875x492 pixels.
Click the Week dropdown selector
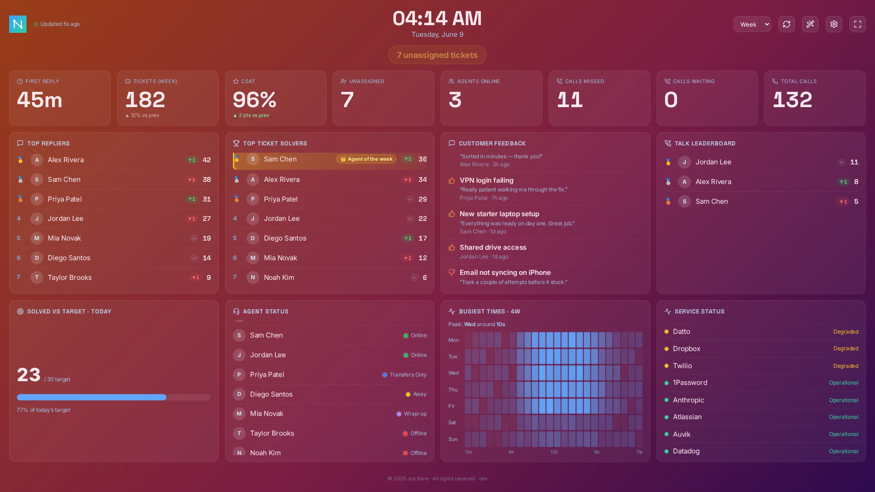click(x=752, y=24)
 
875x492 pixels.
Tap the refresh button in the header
click(x=786, y=24)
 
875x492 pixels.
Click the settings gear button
click(x=834, y=24)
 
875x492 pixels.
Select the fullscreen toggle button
click(x=857, y=24)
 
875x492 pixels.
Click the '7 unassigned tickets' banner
click(x=437, y=55)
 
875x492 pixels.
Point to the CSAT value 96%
click(x=254, y=99)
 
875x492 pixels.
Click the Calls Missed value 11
click(x=570, y=99)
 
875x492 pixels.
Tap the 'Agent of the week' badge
click(x=366, y=159)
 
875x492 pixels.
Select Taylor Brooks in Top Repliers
click(x=70, y=277)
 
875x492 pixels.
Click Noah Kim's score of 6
click(x=425, y=277)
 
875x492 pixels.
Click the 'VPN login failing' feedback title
click(x=486, y=180)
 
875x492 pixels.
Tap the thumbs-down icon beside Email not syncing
click(x=452, y=272)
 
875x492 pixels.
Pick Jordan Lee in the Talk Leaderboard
click(x=713, y=162)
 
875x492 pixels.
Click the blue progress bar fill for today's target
click(x=92, y=397)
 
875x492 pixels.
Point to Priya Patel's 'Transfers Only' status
click(x=408, y=375)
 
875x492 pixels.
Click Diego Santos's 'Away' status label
click(x=420, y=394)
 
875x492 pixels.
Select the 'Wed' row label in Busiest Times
click(x=454, y=373)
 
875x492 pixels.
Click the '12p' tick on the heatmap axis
click(x=554, y=452)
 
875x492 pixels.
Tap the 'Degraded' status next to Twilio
click(x=846, y=366)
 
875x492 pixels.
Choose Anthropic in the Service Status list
click(x=688, y=400)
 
